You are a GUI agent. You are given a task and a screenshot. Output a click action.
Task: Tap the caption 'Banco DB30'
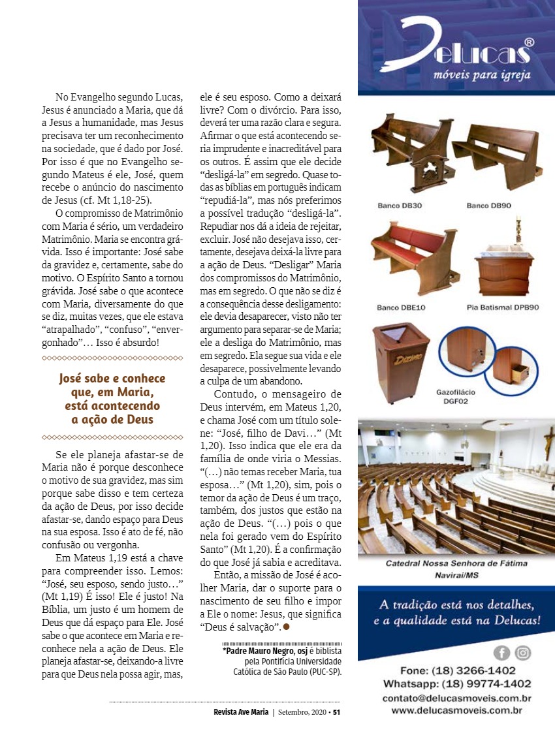click(400, 206)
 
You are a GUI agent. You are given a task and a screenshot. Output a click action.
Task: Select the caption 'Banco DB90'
click(488, 206)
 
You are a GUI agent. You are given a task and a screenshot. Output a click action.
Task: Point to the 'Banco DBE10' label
click(402, 306)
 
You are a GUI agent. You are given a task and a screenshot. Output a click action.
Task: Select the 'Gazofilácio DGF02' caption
click(456, 397)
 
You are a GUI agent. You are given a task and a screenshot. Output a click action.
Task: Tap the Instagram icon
click(523, 652)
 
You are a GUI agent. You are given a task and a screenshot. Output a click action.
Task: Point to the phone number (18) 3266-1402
click(457, 670)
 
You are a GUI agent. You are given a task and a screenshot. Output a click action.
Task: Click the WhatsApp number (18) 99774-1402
click(457, 684)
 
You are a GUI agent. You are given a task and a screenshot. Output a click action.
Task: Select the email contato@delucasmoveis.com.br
click(457, 698)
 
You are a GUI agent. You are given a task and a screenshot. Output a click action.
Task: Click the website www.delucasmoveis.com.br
click(457, 710)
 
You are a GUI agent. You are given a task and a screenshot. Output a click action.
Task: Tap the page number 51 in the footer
click(337, 712)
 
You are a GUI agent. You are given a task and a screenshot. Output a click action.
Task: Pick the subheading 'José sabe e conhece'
click(112, 379)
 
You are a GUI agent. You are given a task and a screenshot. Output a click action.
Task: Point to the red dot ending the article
click(286, 627)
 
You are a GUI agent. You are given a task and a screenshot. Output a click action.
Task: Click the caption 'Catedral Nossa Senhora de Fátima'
click(456, 563)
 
